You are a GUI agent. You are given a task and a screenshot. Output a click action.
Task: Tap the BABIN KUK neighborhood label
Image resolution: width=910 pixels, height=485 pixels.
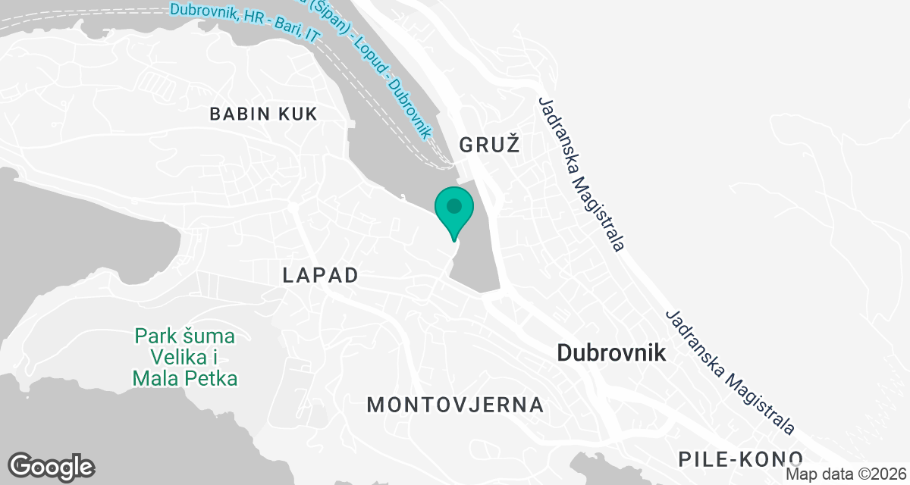coord(263,114)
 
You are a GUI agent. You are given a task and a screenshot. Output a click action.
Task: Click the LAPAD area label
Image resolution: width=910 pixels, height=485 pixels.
coord(320,275)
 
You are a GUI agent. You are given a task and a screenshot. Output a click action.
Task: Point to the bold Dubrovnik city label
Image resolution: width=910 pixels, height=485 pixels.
coord(611,352)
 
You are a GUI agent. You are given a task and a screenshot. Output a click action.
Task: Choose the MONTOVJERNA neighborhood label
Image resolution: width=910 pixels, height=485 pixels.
coord(455,405)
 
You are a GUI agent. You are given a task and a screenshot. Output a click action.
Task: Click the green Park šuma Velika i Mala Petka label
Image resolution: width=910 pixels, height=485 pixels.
coord(185,356)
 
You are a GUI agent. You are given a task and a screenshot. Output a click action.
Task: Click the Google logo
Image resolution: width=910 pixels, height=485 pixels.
coord(51,466)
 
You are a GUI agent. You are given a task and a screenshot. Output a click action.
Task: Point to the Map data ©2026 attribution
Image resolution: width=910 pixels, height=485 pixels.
coord(846,474)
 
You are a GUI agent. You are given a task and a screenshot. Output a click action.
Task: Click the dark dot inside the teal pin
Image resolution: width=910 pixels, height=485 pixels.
coord(454,205)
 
